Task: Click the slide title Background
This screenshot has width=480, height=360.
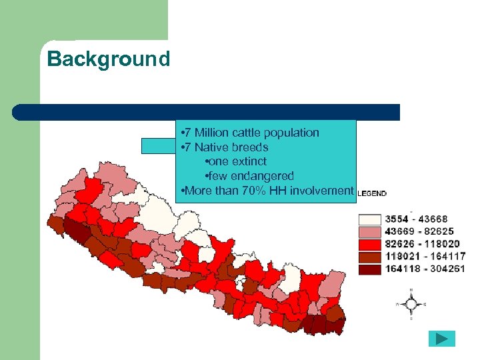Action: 109,59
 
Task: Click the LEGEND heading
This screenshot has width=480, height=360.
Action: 372,193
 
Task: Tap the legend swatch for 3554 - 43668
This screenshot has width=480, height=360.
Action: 370,219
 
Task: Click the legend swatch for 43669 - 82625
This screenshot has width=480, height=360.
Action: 370,231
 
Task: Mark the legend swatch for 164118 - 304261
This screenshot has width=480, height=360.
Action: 370,269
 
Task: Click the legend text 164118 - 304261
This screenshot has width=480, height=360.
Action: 425,269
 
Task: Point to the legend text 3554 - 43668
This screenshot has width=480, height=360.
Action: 416,219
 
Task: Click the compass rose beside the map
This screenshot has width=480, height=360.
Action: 411,304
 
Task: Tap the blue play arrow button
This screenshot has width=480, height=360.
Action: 441,339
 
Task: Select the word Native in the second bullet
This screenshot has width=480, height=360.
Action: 211,147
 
